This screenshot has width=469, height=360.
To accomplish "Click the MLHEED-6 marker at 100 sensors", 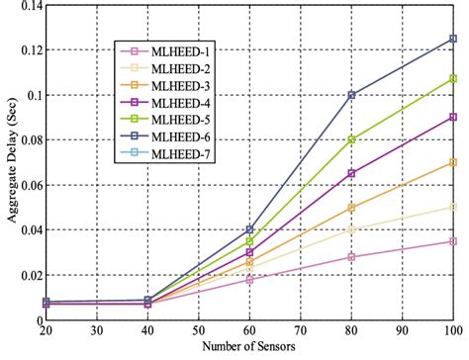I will pos(453,40).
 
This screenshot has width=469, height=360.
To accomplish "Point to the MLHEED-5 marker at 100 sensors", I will pos(453,78).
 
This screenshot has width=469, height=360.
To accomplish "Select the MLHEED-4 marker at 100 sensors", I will pos(453,117).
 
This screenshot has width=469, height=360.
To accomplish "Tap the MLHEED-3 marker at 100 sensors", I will pos(453,162).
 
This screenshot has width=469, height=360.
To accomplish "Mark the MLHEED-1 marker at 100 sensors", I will pos(453,241).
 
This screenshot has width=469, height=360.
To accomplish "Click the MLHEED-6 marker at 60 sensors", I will pos(249,229).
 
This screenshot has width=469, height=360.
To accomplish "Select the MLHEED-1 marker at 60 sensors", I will pos(249,280).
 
